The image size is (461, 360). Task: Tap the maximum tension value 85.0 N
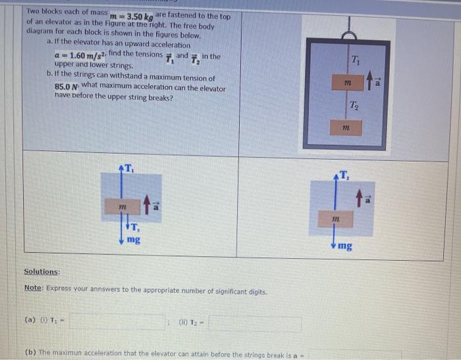click(67, 86)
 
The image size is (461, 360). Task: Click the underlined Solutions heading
click(42, 272)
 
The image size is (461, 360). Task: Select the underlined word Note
click(32, 288)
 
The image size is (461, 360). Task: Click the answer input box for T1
click(117, 322)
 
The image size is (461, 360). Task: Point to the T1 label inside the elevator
click(356, 61)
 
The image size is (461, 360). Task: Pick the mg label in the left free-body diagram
click(134, 240)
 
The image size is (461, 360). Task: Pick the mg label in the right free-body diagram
click(345, 246)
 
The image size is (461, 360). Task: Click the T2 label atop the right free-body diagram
click(345, 174)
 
